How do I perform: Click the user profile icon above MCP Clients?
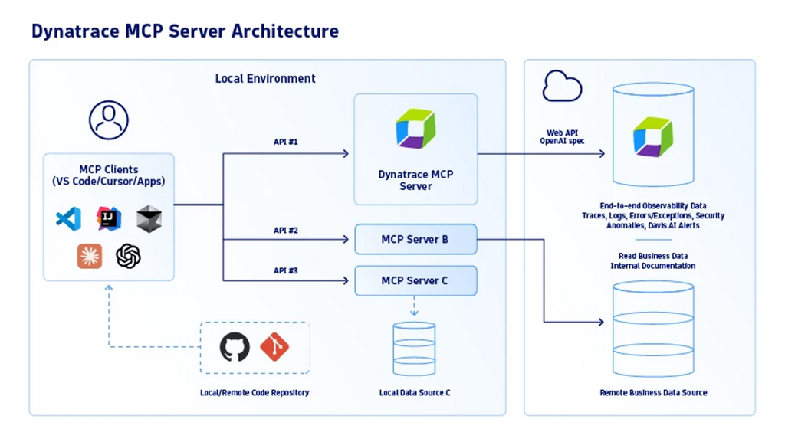(109, 120)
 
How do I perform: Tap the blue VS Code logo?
(69, 218)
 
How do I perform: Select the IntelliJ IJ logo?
(109, 218)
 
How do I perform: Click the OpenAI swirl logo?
(128, 256)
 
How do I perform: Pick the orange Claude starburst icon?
(90, 256)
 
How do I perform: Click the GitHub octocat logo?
(235, 347)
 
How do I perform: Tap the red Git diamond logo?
(274, 347)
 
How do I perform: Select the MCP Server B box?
(415, 240)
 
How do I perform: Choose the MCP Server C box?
(415, 280)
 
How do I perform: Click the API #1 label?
(286, 142)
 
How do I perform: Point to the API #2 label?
(286, 231)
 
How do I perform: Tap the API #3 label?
(286, 271)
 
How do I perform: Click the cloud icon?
(562, 87)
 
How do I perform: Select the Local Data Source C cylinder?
(414, 349)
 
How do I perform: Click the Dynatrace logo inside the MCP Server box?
(415, 129)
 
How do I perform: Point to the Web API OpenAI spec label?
(562, 137)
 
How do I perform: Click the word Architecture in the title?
(285, 31)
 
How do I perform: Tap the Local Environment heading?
(265, 78)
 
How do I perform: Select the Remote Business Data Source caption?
(653, 393)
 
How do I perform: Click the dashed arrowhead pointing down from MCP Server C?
(414, 313)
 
